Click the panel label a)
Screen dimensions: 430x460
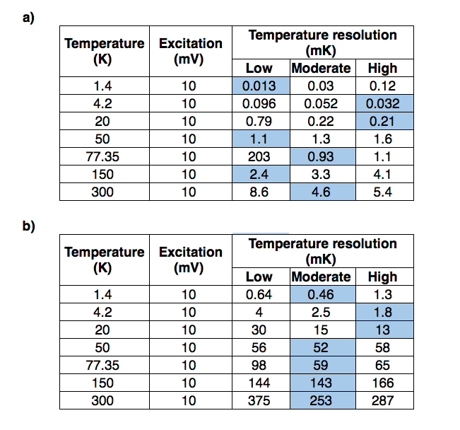[28, 18]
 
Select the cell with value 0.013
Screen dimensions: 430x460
[259, 86]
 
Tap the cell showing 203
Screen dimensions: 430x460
[259, 156]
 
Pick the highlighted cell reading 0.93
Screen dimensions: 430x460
[321, 156]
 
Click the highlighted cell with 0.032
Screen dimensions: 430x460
[383, 104]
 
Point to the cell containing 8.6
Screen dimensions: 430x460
[259, 191]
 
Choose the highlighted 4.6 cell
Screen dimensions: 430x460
[321, 191]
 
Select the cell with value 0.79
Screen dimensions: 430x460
[259, 122]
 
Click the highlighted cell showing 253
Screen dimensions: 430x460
[321, 400]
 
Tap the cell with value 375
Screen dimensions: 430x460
[259, 400]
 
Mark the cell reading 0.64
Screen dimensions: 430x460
[259, 295]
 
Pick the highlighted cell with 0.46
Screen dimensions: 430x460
[321, 295]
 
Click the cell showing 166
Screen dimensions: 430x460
[383, 383]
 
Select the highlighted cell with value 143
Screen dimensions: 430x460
[321, 383]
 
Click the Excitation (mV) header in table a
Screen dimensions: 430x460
[190, 52]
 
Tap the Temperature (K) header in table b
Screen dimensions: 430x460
[104, 260]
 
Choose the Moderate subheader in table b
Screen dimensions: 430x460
[321, 277]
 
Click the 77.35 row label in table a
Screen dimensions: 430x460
[104, 156]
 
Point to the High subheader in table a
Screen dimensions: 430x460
[383, 69]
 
